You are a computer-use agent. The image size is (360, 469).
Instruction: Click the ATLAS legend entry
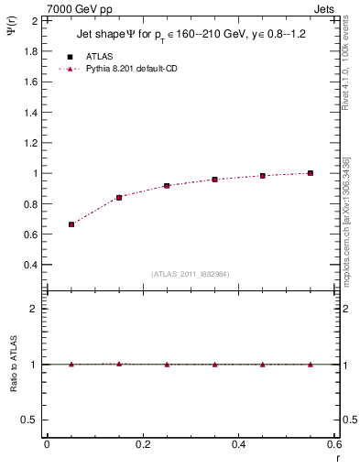[x=99, y=57]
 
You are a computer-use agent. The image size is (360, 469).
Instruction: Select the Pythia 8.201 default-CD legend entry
[x=130, y=69]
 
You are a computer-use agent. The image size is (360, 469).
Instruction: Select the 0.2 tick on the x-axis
[x=143, y=444]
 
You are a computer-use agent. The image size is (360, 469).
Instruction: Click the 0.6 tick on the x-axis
[x=334, y=444]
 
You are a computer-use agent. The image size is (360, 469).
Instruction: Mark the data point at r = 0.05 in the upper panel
[x=71, y=224]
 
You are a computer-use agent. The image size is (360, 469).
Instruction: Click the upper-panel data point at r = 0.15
[x=119, y=197]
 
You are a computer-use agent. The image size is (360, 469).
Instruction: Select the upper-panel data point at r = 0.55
[x=311, y=173]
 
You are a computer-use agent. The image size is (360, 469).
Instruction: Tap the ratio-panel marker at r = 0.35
[x=214, y=365]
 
